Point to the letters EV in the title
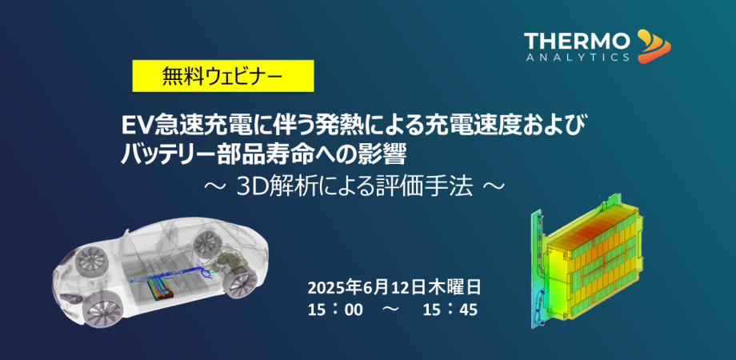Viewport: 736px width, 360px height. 131,126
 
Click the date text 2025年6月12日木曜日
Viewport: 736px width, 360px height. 394,286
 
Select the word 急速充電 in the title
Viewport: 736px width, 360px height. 183,126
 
